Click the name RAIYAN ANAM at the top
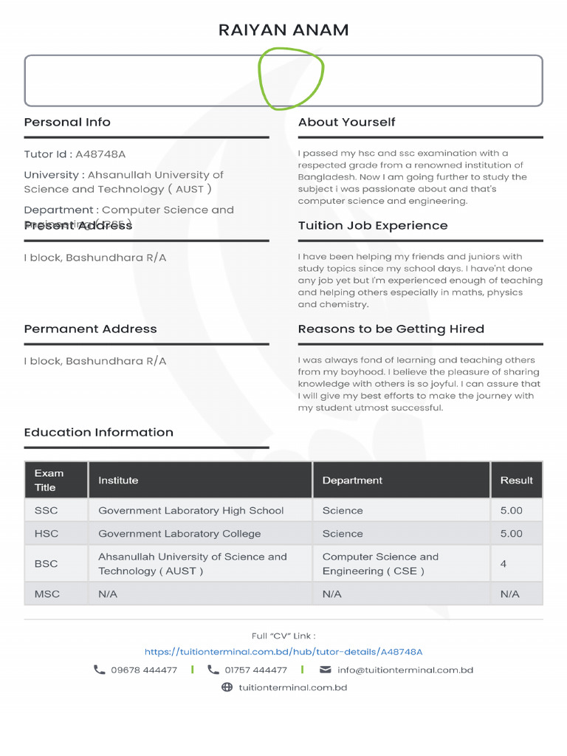point(283,30)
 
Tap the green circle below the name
point(291,78)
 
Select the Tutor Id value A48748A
point(100,154)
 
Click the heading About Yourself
point(346,123)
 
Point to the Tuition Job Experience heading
point(372,226)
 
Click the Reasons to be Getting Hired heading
point(391,329)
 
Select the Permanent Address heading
point(90,329)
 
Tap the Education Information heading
point(98,433)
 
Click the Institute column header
point(118,481)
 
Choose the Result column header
point(516,481)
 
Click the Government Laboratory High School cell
point(190,511)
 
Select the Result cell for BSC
point(504,564)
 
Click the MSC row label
point(47,594)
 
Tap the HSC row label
point(46,534)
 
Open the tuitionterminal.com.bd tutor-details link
point(283,652)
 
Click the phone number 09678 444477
point(144,670)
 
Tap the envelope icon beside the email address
point(325,670)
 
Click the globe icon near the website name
point(227,687)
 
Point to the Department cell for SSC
point(343,511)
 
